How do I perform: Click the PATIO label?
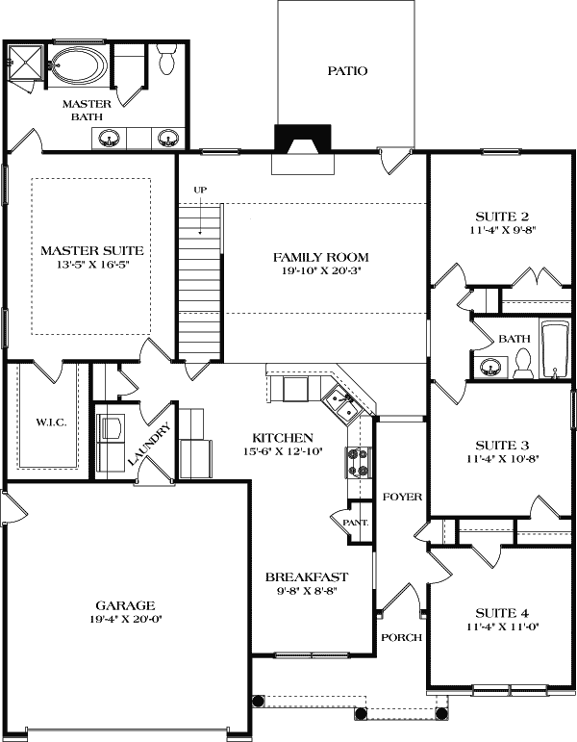coord(348,71)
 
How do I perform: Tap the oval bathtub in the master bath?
coord(82,66)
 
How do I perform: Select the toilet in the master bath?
coord(166,61)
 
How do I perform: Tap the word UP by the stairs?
coord(200,190)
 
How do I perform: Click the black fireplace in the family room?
coord(301,141)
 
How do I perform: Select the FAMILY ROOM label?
coord(320,257)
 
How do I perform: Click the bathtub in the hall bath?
coord(555,350)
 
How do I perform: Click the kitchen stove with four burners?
coord(358,462)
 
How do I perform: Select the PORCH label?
coord(399,637)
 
